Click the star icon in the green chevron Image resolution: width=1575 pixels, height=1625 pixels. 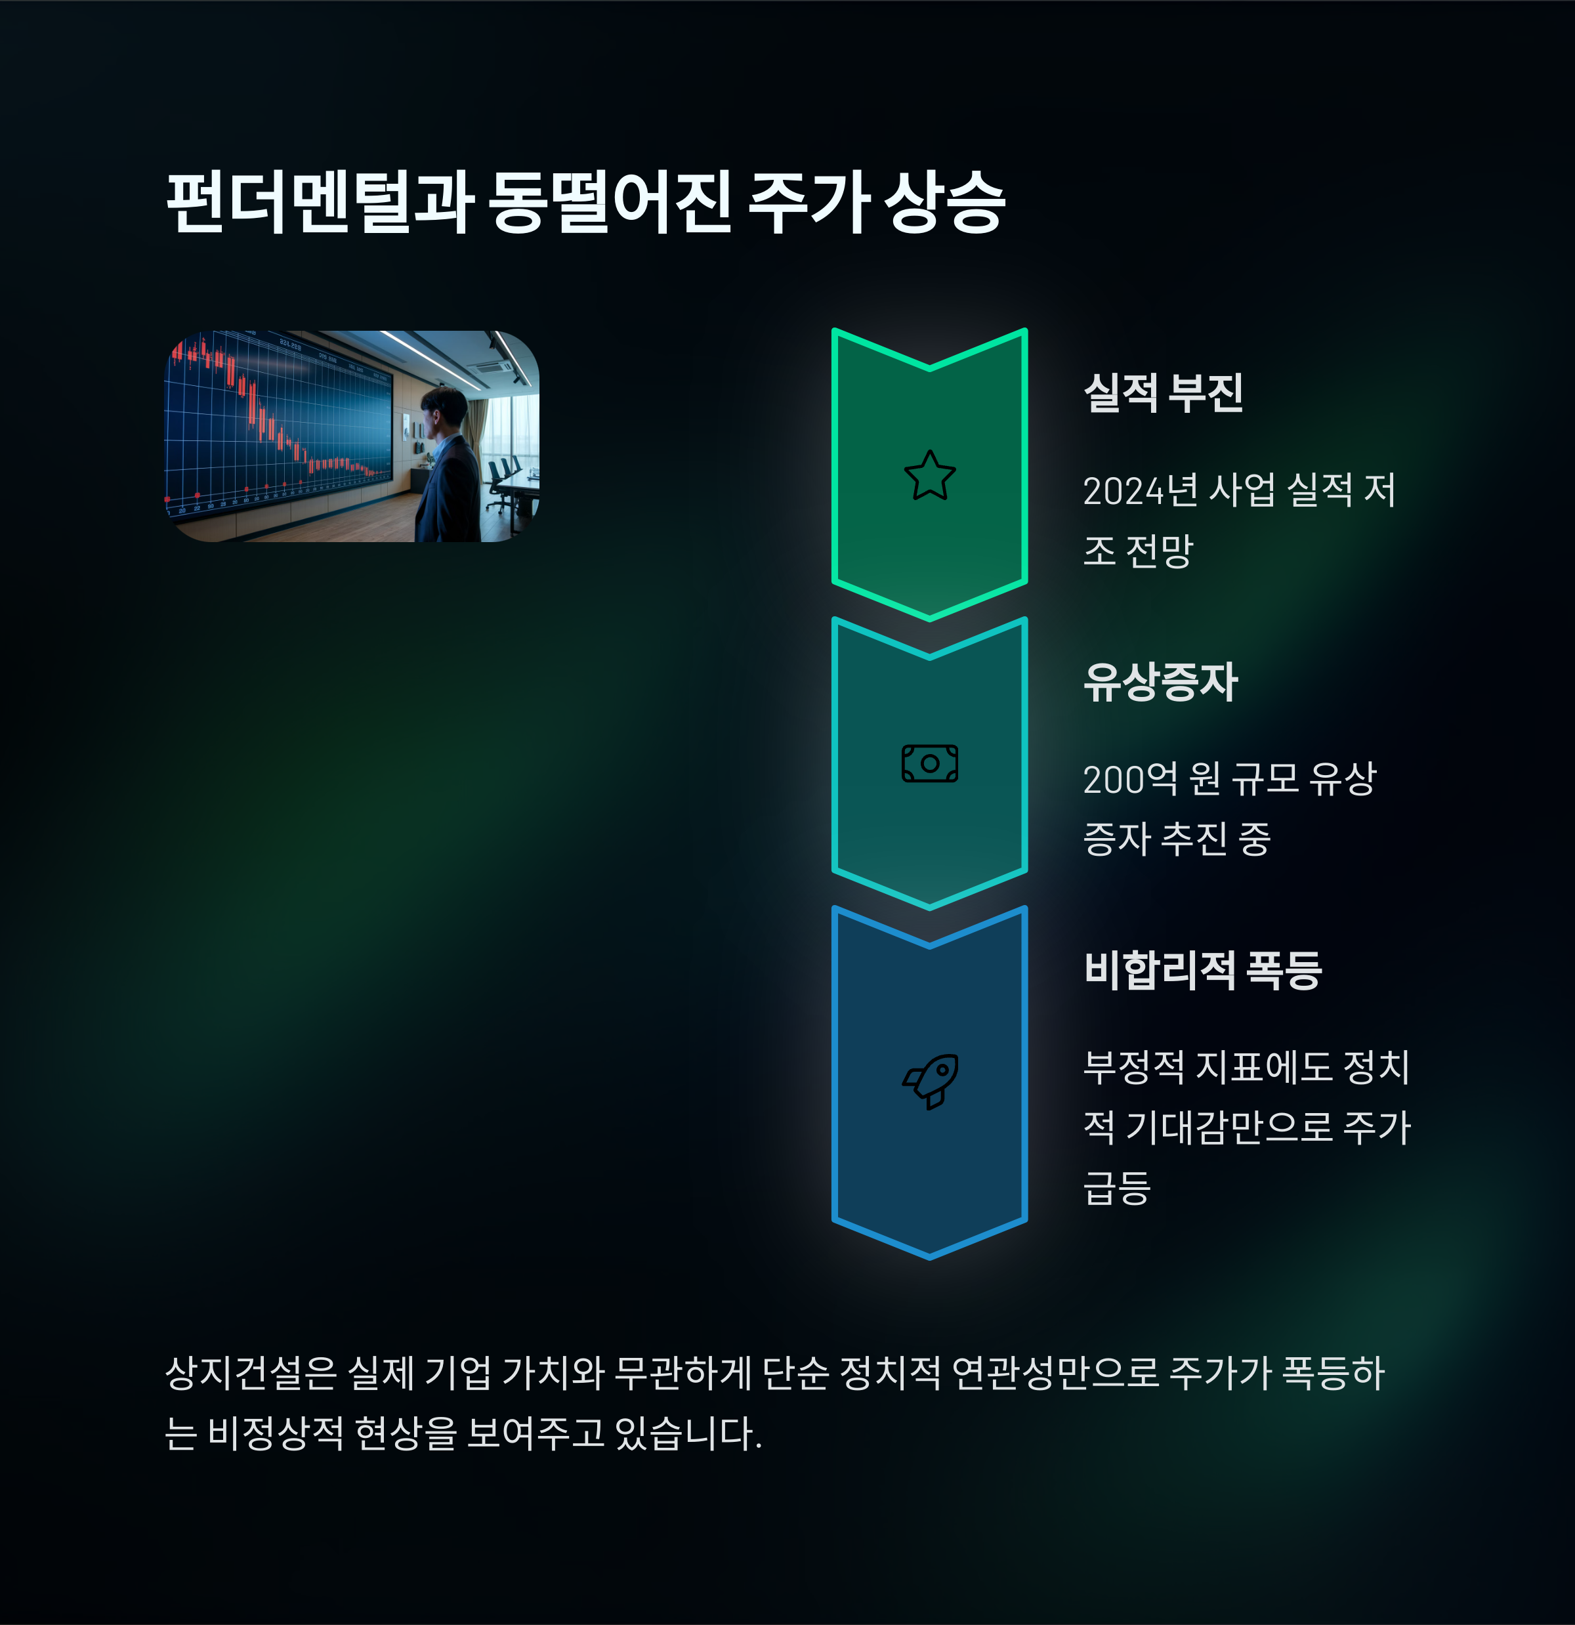pyautogui.click(x=929, y=476)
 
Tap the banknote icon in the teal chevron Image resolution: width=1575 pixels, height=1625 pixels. pyautogui.click(x=929, y=763)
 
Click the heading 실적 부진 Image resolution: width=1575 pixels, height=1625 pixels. pyautogui.click(x=1163, y=393)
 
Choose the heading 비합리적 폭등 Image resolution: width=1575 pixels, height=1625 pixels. pyautogui.click(x=1202, y=970)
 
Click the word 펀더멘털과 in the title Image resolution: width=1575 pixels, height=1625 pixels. pyautogui.click(x=319, y=202)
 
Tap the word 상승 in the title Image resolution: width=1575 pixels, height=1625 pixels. pyautogui.click(x=944, y=202)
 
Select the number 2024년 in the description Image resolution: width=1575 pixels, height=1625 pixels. pyautogui.click(x=1139, y=491)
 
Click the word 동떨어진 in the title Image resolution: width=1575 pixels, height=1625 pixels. pyautogui.click(x=609, y=202)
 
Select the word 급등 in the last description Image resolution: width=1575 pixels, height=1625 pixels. pyautogui.click(x=1116, y=1187)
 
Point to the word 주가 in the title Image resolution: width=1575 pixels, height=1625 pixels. pyautogui.click(x=808, y=202)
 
